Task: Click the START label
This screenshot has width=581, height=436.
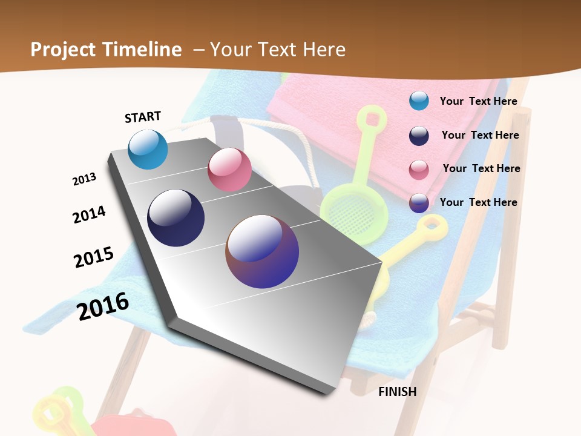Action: [x=143, y=117]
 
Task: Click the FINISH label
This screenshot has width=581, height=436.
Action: [x=397, y=392]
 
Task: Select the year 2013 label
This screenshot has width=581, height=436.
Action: [x=84, y=179]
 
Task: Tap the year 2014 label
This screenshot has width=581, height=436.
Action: [x=89, y=214]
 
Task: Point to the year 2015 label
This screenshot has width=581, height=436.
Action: [x=94, y=257]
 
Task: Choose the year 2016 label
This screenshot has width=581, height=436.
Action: [x=103, y=306]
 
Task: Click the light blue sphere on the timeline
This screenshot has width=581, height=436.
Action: [x=148, y=149]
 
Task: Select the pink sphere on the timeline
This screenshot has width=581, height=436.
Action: [x=229, y=170]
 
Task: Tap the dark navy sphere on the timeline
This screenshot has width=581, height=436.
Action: [x=176, y=218]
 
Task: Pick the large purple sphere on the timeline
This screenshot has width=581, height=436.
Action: [x=262, y=251]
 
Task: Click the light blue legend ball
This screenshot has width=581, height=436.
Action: [x=419, y=101]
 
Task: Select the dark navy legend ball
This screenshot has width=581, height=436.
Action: [x=419, y=136]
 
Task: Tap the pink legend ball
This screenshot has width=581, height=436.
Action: [x=419, y=170]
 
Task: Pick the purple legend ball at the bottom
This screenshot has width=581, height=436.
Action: [x=419, y=203]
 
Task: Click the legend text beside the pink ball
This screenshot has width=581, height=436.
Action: [x=481, y=168]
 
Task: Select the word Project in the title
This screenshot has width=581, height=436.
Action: [x=61, y=50]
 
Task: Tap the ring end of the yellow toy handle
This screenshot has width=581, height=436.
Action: [x=433, y=226]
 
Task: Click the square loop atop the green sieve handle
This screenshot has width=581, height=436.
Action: [x=370, y=116]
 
